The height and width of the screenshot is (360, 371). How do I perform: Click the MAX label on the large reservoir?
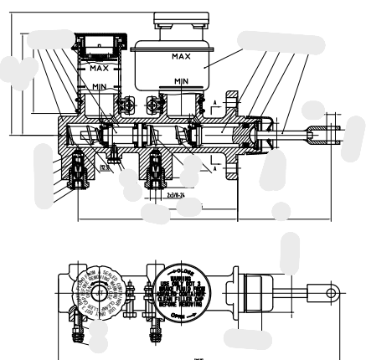pyautogui.click(x=181, y=56)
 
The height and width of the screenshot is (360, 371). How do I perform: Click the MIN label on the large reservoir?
pyautogui.click(x=181, y=80)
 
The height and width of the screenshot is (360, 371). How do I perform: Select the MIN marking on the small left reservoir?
pyautogui.click(x=99, y=88)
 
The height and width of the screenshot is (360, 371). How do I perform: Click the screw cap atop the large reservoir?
pyautogui.click(x=182, y=23)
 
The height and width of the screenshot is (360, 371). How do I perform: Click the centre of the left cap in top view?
pyautogui.click(x=98, y=293)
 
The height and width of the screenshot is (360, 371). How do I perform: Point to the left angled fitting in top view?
pyautogui.click(x=78, y=324)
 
